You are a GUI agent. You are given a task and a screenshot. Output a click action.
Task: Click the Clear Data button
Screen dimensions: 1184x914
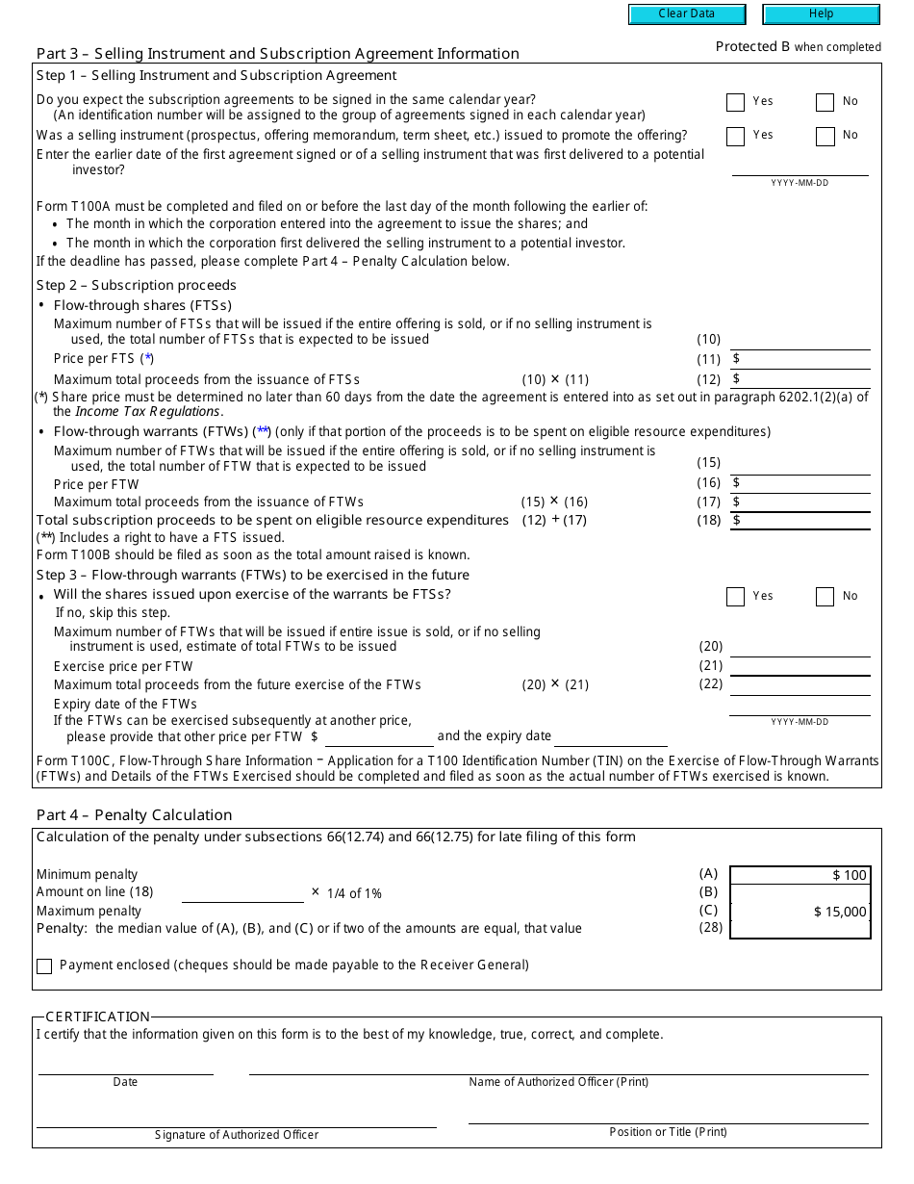click(687, 14)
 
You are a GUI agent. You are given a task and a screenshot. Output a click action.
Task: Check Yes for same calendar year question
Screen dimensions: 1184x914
click(736, 103)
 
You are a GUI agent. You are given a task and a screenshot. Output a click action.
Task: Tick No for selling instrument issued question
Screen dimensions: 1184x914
click(825, 137)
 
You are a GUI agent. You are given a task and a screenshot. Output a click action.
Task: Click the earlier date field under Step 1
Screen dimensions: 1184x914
click(800, 167)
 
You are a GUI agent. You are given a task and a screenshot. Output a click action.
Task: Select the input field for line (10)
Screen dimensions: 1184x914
click(800, 340)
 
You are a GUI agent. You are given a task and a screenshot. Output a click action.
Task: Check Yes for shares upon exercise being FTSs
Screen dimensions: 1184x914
click(736, 597)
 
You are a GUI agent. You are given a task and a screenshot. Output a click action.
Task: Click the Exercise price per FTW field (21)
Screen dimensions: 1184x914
click(800, 666)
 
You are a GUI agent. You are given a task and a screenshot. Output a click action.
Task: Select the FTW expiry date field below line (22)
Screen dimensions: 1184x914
click(800, 706)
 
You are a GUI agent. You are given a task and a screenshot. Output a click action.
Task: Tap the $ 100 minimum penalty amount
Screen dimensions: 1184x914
click(850, 875)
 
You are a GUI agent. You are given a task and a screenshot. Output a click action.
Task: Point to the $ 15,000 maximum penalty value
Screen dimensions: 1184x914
click(840, 912)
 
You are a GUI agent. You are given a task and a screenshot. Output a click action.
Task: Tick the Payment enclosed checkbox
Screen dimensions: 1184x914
click(44, 966)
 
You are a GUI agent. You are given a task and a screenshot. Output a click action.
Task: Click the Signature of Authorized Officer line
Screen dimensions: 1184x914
click(237, 1119)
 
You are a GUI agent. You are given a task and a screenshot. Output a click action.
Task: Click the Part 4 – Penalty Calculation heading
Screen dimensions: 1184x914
click(134, 814)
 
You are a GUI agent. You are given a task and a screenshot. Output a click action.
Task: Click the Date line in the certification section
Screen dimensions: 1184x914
click(125, 1066)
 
